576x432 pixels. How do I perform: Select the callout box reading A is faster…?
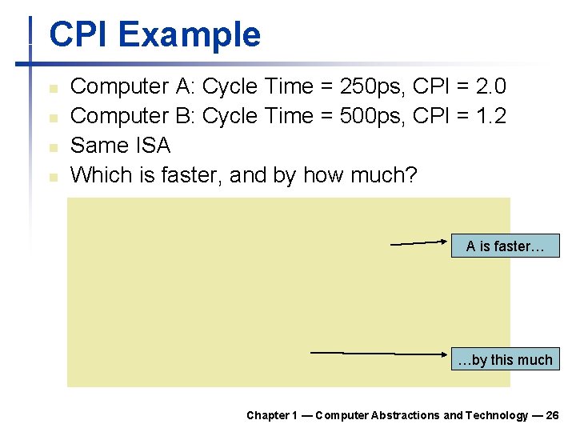pos(505,246)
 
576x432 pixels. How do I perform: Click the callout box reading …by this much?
pos(505,360)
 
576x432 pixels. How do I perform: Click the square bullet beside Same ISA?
pos(53,147)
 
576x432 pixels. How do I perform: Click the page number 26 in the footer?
pos(552,415)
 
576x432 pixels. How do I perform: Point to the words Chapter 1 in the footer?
pos(272,415)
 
